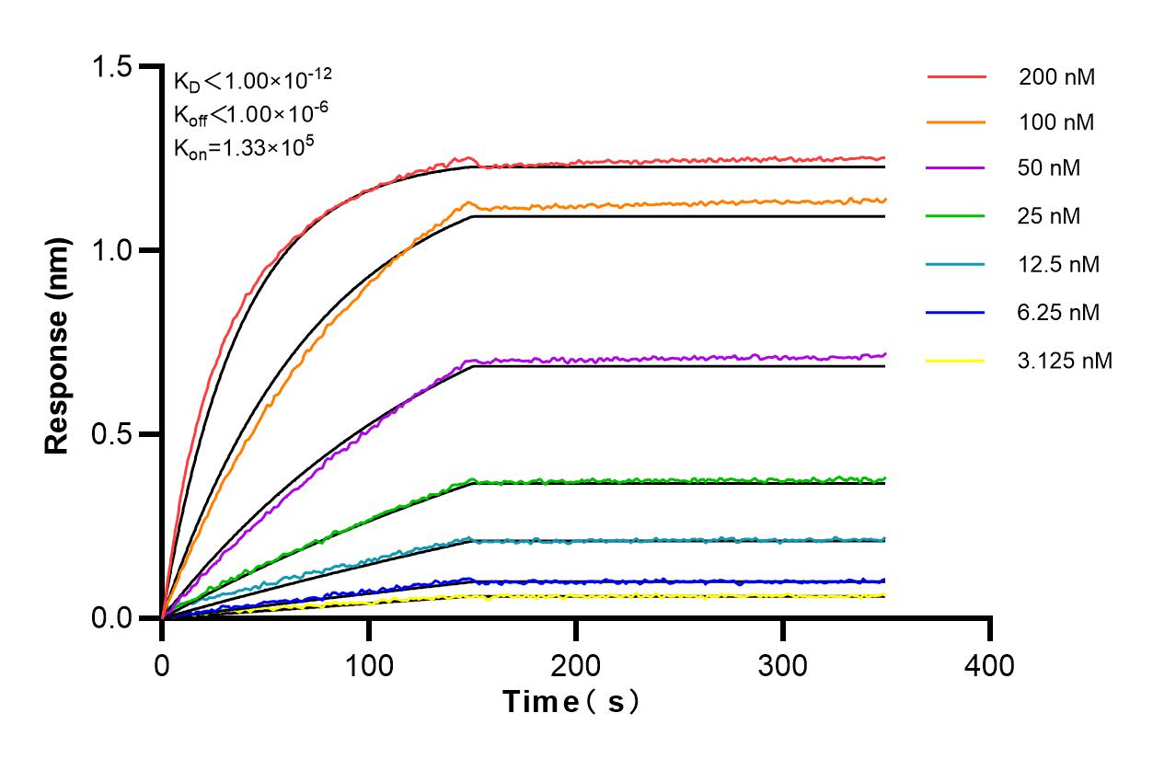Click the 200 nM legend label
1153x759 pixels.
[x=1056, y=77]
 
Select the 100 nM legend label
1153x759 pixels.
[x=1056, y=122]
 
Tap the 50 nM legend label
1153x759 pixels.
[x=1050, y=169]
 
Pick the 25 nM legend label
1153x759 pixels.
[x=1050, y=217]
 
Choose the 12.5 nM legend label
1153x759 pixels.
[x=1059, y=265]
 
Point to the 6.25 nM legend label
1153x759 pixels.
[x=1059, y=313]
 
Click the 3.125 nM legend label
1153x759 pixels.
[x=1066, y=361]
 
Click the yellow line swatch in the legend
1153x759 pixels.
[x=956, y=361]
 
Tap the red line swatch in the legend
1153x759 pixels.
[x=956, y=77]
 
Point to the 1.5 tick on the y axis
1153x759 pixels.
[x=112, y=67]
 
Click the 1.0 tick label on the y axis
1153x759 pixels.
[x=112, y=250]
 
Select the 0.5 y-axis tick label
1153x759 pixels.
[x=112, y=434]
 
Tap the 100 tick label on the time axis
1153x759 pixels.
[x=369, y=664]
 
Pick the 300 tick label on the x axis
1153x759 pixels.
[x=783, y=664]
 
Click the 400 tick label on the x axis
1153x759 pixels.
[x=990, y=664]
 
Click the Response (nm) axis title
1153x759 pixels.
[x=58, y=342]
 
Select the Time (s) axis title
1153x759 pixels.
[x=571, y=702]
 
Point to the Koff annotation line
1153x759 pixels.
[x=245, y=114]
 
